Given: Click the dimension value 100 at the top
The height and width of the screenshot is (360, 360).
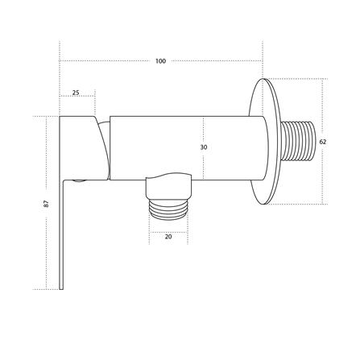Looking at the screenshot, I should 160,61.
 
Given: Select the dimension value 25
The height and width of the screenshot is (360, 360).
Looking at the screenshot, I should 76,93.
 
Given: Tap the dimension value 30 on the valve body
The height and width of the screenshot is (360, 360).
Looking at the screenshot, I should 204,147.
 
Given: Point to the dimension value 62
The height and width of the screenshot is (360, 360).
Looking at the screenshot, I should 323,142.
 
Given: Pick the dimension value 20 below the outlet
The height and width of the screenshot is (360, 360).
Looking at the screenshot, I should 168,237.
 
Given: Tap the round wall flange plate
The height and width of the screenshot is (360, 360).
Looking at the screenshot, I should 263,142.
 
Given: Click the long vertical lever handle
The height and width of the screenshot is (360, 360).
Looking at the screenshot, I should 62,234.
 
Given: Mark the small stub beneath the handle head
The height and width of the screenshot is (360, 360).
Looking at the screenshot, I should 79,180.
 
